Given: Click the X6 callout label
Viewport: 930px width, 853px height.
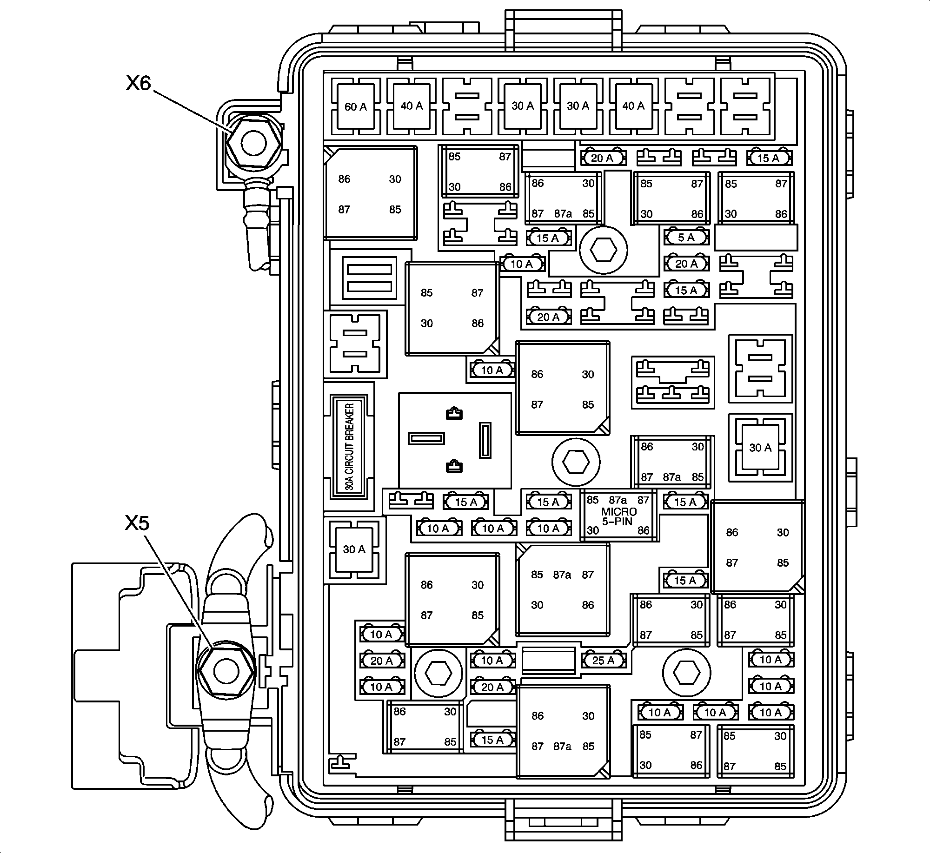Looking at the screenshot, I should click(x=139, y=83).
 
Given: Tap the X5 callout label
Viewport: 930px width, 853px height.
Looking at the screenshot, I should click(x=137, y=523).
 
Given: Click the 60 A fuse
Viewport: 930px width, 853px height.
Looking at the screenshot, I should click(x=356, y=107).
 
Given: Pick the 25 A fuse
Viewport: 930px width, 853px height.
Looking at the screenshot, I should click(x=603, y=661).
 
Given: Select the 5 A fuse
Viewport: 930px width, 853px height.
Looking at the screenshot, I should click(x=686, y=238).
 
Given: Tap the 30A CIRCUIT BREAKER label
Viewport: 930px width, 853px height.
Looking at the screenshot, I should click(x=350, y=446).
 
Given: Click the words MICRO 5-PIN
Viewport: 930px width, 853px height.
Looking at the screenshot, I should click(x=619, y=516).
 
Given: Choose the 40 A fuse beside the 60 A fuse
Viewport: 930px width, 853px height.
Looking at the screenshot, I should click(x=412, y=106).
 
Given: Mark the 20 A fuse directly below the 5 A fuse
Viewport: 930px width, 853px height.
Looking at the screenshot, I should click(x=686, y=264).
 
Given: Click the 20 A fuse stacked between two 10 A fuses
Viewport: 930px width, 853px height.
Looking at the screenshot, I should click(x=382, y=661).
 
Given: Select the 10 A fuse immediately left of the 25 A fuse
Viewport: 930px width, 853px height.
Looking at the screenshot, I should click(x=492, y=661).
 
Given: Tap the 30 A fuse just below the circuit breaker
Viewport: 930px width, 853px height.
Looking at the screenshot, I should click(x=354, y=549).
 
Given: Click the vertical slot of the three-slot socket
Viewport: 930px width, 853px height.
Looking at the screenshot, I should click(x=485, y=440).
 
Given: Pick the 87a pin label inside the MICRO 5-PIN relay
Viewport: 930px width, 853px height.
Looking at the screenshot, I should click(x=618, y=500).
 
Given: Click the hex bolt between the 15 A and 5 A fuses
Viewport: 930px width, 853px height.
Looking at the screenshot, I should click(x=603, y=251).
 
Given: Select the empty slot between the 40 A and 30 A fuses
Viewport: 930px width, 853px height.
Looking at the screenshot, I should click(x=467, y=106).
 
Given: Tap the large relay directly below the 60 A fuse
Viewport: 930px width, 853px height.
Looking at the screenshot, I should click(x=370, y=194).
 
